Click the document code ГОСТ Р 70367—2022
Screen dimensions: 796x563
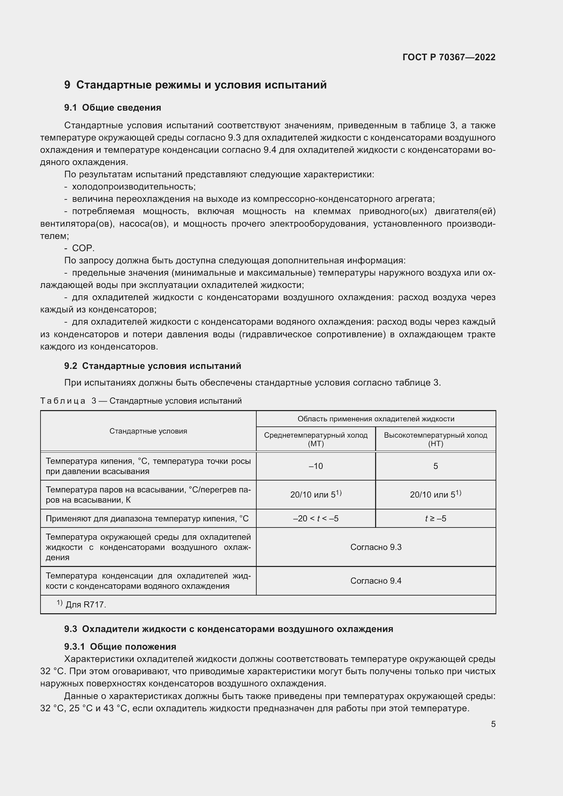tap(449, 57)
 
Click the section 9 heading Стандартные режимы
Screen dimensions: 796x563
tap(195, 85)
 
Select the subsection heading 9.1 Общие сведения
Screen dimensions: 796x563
tap(113, 108)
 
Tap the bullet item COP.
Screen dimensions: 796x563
tap(83, 248)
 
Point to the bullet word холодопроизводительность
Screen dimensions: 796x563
tap(133, 187)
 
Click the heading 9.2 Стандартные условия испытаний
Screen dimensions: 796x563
tap(152, 366)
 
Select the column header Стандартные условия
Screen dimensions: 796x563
tap(148, 431)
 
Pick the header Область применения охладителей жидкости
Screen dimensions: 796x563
tap(376, 419)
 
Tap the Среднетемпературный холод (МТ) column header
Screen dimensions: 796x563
tap(316, 439)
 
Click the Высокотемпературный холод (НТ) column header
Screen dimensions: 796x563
tap(435, 439)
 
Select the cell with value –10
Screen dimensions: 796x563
tap(316, 466)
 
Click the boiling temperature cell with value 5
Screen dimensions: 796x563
tap(435, 466)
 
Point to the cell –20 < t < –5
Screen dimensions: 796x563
tap(316, 519)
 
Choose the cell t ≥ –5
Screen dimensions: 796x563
tap(435, 519)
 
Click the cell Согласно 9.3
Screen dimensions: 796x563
tap(376, 547)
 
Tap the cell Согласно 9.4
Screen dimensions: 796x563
tap(376, 581)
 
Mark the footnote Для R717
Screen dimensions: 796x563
tap(85, 605)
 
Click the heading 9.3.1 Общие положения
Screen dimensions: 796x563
tap(120, 647)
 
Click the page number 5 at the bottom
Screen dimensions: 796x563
tap(493, 724)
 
